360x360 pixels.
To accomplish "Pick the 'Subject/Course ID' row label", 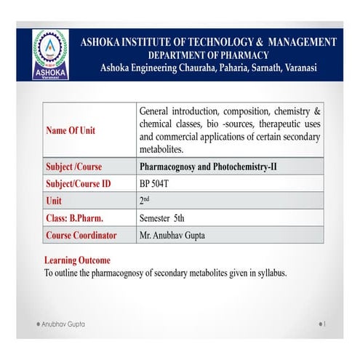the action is pyautogui.click(x=78, y=185).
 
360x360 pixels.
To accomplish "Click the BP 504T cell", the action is pyautogui.click(x=154, y=185).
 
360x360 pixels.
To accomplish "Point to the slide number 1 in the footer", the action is pyautogui.click(x=324, y=322).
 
